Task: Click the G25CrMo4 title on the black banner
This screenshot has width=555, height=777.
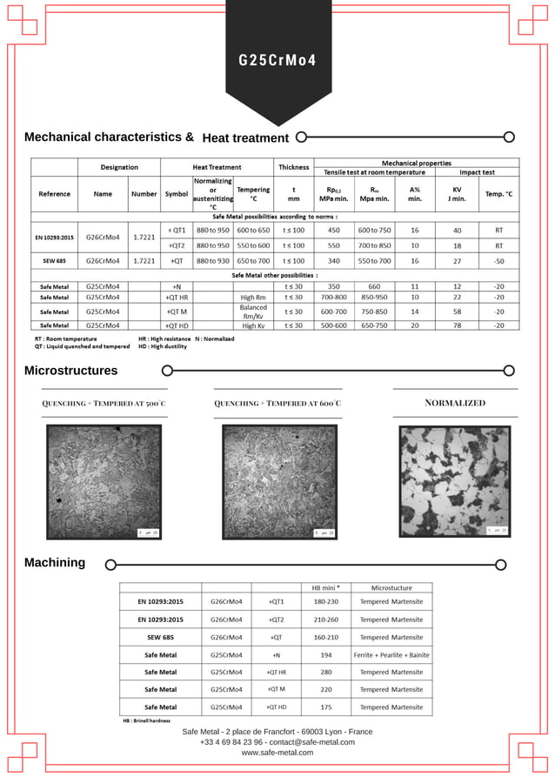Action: [277, 61]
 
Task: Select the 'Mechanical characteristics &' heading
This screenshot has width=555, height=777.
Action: [109, 137]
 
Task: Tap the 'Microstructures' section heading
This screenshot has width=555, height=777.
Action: [70, 371]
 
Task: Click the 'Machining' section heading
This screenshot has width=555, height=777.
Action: [55, 563]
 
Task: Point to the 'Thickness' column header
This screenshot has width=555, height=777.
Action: [293, 167]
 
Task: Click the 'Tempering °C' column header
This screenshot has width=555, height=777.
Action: [253, 193]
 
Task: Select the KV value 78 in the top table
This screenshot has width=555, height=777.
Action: [457, 325]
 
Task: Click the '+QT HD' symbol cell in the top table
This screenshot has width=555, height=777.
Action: [177, 325]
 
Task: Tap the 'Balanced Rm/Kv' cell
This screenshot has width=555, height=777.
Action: [253, 311]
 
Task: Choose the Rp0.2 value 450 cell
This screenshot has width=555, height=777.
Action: [333, 231]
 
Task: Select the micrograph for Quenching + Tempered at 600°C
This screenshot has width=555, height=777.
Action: [278, 481]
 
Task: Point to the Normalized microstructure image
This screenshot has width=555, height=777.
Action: [455, 480]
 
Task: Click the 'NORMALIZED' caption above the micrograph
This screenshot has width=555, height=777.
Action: [455, 403]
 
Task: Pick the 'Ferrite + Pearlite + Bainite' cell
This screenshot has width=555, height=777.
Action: [391, 654]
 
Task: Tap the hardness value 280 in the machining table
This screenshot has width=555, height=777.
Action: [326, 672]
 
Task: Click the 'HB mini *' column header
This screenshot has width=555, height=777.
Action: [326, 586]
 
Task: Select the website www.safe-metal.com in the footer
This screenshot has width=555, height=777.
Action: [277, 753]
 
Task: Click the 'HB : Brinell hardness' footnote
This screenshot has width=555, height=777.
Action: [146, 720]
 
